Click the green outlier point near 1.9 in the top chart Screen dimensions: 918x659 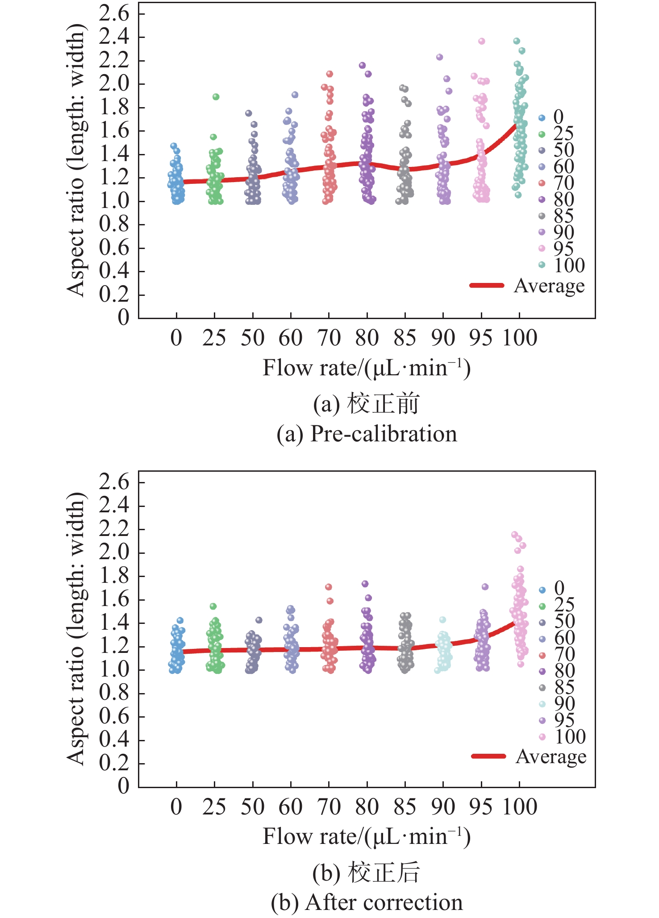[x=216, y=97]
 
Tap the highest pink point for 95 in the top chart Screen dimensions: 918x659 [x=482, y=41]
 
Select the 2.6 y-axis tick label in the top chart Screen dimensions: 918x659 [x=114, y=13]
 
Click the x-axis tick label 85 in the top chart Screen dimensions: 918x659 [x=405, y=338]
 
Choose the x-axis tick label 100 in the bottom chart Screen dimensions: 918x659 [x=520, y=807]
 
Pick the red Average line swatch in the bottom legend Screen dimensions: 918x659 [x=488, y=756]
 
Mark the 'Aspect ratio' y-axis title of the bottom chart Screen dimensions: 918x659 [x=76, y=629]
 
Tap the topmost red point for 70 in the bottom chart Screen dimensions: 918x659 [x=329, y=587]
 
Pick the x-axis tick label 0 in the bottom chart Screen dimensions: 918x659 [x=176, y=807]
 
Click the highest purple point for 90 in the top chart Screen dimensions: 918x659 [x=440, y=57]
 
